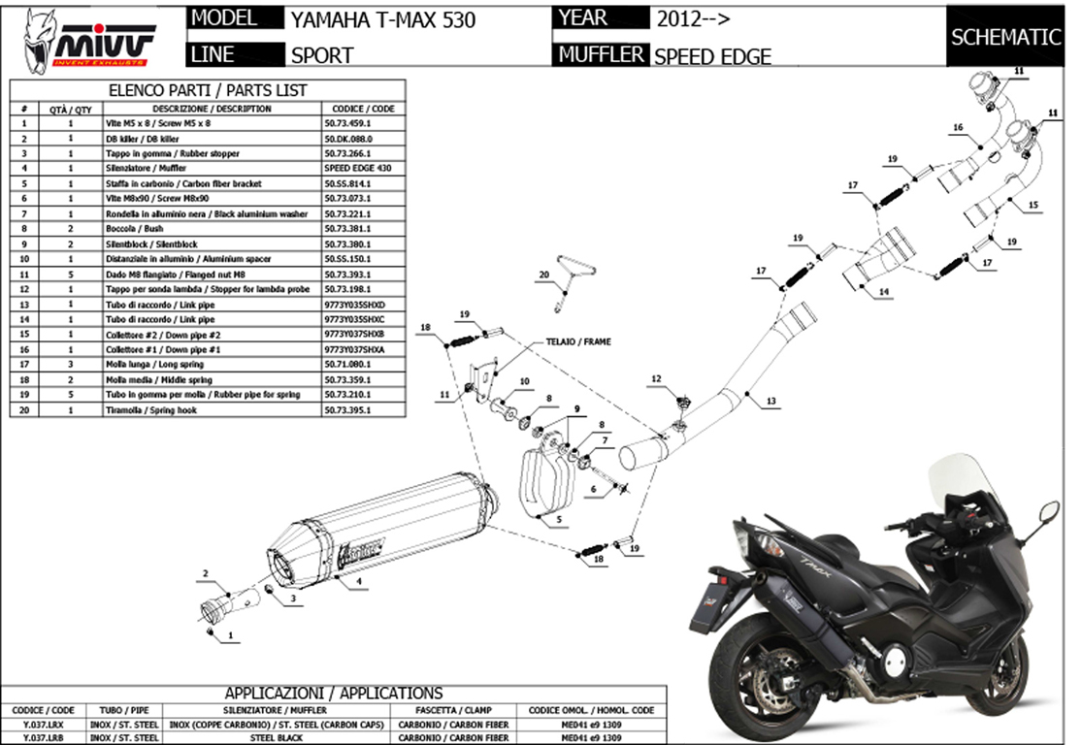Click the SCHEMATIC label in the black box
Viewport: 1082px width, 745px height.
(1005, 38)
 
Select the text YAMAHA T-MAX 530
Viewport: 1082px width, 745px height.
(383, 19)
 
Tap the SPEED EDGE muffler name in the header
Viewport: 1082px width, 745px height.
(712, 56)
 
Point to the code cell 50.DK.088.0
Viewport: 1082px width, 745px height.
(348, 139)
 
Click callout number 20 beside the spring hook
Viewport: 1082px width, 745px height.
(544, 275)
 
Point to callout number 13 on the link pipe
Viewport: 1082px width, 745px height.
(771, 400)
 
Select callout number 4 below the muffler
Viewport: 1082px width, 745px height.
(359, 581)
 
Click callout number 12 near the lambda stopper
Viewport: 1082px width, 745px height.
(656, 378)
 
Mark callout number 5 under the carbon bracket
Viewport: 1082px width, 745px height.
(559, 520)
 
